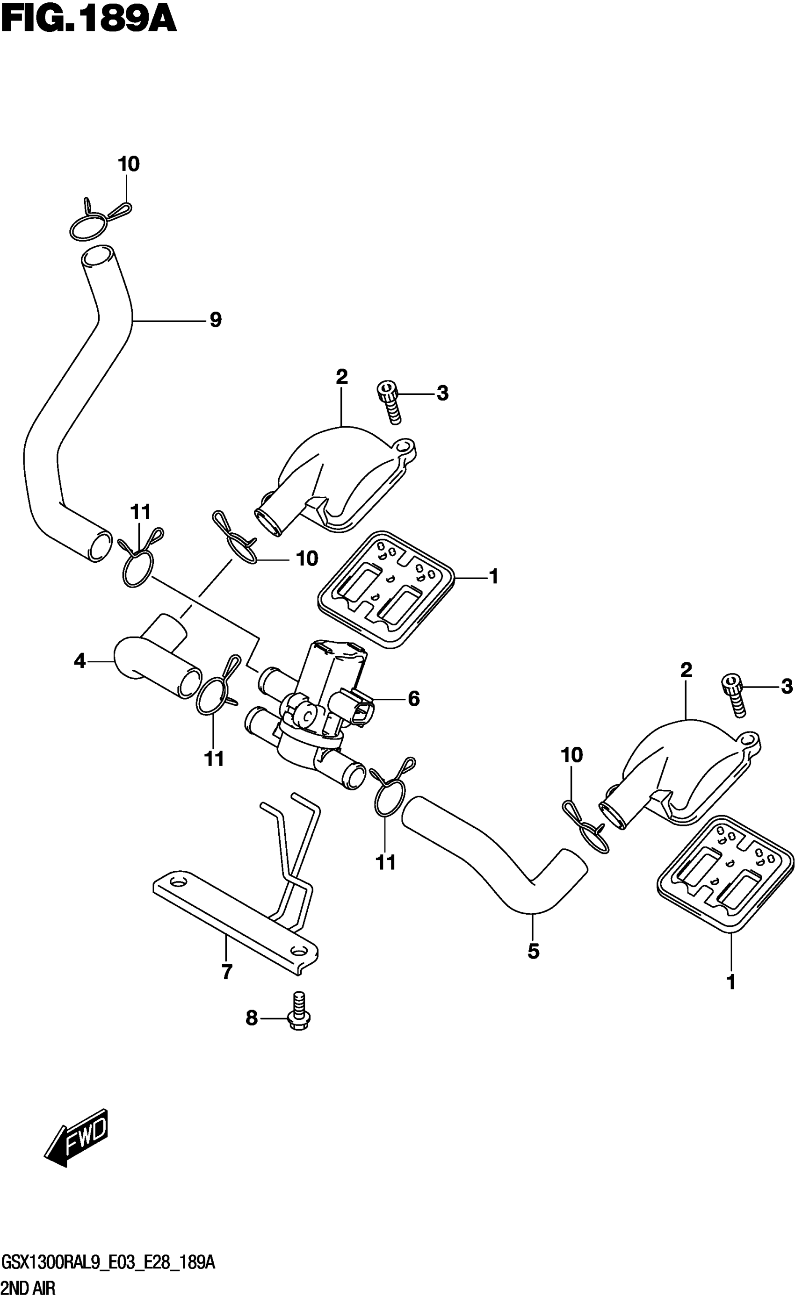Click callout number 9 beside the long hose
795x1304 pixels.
[215, 320]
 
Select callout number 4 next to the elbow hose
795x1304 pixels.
[79, 661]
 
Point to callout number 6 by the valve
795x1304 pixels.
[414, 699]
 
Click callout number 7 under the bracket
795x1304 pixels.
[227, 972]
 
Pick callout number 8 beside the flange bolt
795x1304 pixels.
[251, 1017]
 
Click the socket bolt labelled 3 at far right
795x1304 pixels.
[734, 695]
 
